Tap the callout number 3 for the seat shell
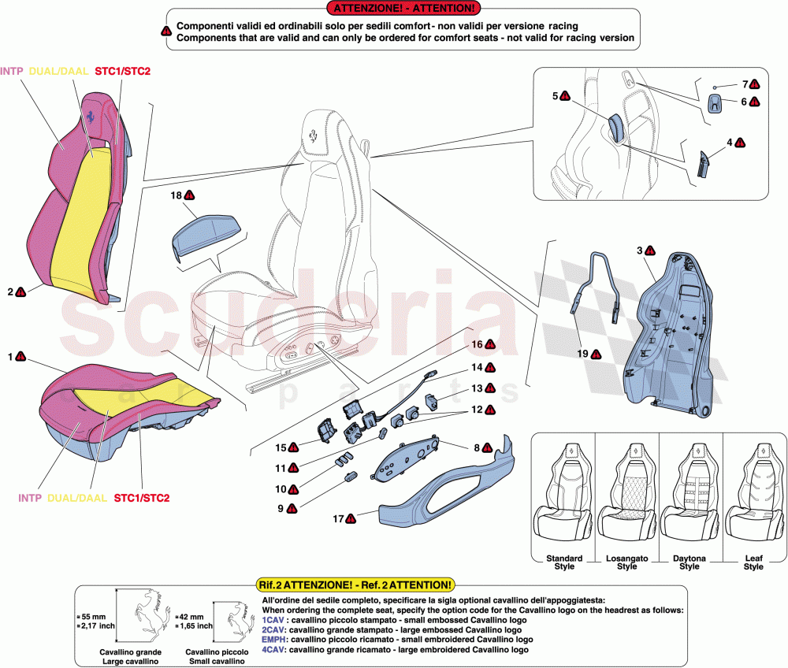click(x=639, y=250)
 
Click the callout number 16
click(x=477, y=344)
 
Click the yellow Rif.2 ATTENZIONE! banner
click(x=356, y=585)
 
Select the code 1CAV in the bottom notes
click(x=273, y=621)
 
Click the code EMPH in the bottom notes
click(x=274, y=640)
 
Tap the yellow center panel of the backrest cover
click(x=79, y=213)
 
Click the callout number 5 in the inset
click(x=556, y=96)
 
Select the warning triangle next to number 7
click(x=755, y=83)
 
